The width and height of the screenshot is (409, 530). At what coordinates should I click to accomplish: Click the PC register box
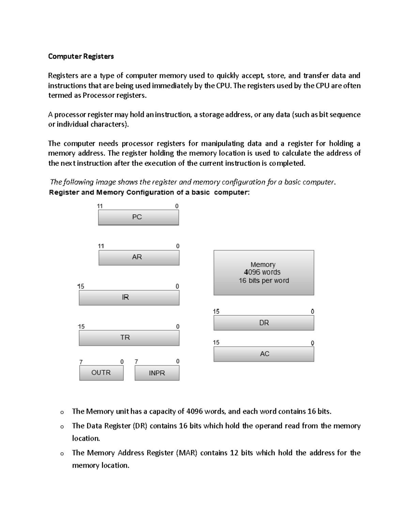coord(138,217)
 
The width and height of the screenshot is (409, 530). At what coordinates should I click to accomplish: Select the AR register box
coord(139,258)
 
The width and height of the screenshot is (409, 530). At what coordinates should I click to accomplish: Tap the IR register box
coord(129,298)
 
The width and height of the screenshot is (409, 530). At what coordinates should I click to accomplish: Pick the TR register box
coord(129,338)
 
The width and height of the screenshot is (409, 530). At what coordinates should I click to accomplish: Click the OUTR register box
coord(101,373)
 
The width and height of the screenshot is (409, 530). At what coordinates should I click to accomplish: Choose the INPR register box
coord(157,373)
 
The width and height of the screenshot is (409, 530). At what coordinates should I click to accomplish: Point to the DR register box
coord(263,323)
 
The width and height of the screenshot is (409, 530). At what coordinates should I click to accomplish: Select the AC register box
coord(263,354)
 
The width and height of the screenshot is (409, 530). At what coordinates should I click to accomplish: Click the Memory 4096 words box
coord(263,272)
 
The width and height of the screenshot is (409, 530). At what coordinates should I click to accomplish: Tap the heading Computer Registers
coord(81,56)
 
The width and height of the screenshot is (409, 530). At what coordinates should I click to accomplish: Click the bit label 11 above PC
coord(100,206)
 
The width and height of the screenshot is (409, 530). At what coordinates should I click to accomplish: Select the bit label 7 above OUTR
coord(81,362)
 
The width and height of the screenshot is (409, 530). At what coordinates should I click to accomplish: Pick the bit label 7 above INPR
coord(136,361)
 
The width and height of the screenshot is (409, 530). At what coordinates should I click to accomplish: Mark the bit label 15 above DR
coord(216,312)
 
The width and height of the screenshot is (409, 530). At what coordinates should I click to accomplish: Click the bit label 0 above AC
coord(312,343)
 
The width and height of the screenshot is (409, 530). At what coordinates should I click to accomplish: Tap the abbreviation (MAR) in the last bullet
coord(186,453)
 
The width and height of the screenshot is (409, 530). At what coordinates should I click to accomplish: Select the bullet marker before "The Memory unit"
coord(62,412)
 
